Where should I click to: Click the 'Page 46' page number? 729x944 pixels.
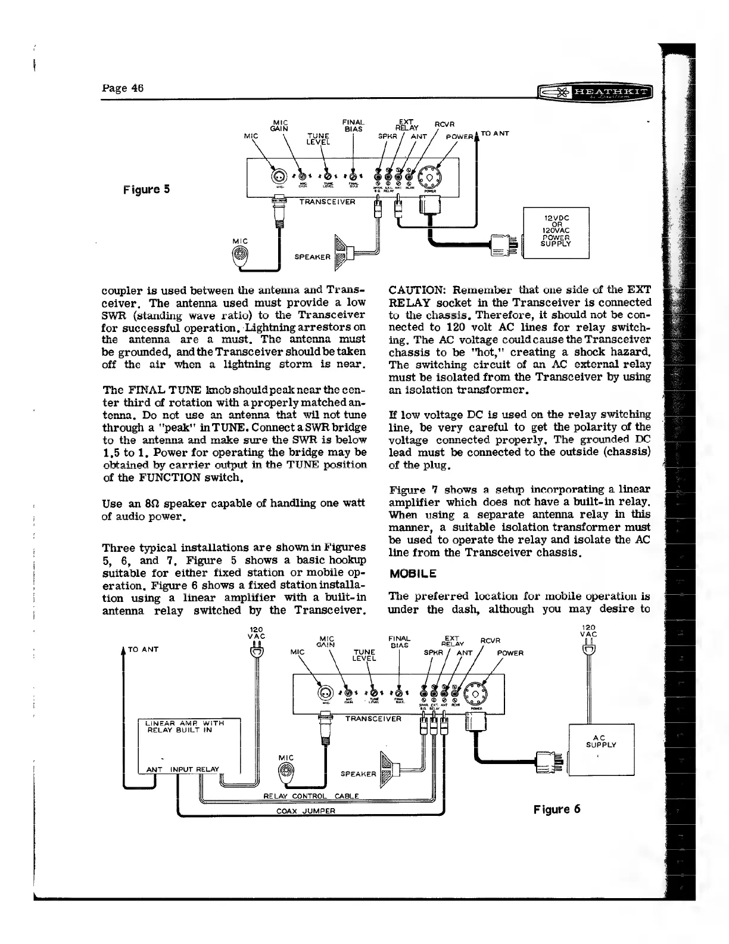[x=123, y=88]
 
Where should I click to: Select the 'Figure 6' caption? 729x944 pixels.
[x=557, y=809]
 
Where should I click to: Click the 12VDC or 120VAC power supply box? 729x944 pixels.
[x=555, y=232]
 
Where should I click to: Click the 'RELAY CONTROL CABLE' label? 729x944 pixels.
[x=311, y=796]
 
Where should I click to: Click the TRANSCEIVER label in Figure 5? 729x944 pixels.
[x=327, y=201]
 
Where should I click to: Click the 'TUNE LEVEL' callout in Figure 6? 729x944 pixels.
[x=364, y=655]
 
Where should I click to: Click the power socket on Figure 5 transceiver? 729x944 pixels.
[x=429, y=176]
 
